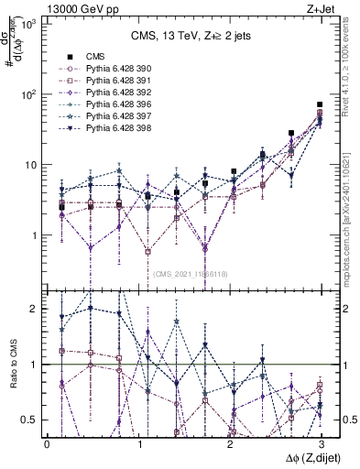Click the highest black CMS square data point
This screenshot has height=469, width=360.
pos(319,105)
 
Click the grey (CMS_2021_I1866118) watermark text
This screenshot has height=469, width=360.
pos(191,274)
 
